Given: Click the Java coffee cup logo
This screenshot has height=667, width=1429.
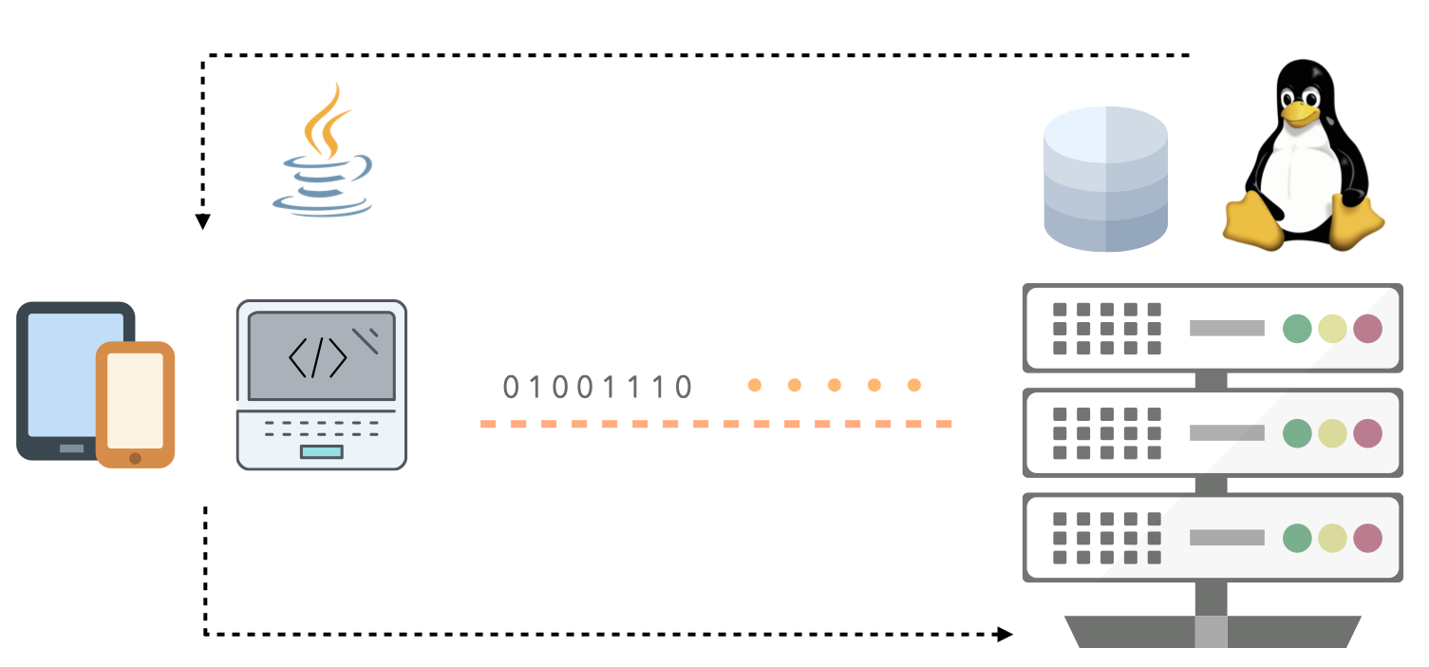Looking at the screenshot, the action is click(x=323, y=151).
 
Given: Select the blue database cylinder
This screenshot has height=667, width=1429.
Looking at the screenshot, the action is click(x=1105, y=179).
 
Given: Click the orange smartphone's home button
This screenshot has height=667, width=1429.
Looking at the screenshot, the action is click(x=135, y=458).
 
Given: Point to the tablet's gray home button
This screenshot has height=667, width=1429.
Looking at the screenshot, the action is click(x=71, y=448).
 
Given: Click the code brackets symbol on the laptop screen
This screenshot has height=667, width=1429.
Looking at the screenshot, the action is click(x=318, y=357).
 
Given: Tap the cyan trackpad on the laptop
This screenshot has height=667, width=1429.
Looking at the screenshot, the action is click(x=322, y=452).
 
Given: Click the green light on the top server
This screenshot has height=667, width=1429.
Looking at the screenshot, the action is click(x=1297, y=329).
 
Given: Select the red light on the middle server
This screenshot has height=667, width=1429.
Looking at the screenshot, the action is click(x=1367, y=433).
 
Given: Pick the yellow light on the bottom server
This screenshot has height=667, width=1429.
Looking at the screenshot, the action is click(x=1333, y=538).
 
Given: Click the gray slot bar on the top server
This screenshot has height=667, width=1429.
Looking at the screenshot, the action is click(x=1227, y=328).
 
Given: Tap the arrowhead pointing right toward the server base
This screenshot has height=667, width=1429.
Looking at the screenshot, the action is click(x=1005, y=635).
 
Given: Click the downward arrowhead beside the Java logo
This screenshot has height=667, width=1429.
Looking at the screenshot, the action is click(x=203, y=221).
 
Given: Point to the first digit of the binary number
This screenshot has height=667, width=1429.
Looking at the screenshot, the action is click(x=511, y=387).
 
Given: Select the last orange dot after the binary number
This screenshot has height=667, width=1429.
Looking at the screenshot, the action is click(x=914, y=385).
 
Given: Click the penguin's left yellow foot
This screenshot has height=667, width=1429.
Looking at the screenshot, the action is click(x=1253, y=220).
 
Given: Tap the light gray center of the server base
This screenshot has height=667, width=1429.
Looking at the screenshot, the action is click(x=1211, y=632).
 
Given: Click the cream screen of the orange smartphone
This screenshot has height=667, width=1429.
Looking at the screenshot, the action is click(x=135, y=400).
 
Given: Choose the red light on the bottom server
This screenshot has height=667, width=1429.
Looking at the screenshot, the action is click(x=1367, y=538).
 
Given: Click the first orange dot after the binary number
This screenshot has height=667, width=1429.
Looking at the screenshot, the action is click(x=755, y=385).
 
